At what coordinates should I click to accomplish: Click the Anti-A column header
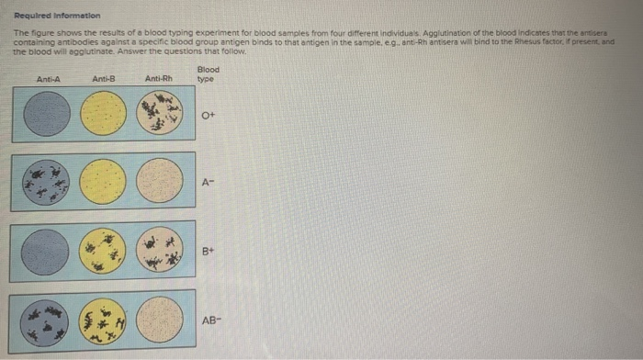pyautogui.click(x=48, y=79)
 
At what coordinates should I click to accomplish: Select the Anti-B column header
pyautogui.click(x=103, y=79)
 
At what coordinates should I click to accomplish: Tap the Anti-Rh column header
pyautogui.click(x=158, y=79)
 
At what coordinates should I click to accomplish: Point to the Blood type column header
pyautogui.click(x=209, y=74)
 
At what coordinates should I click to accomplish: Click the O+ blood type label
pyautogui.click(x=209, y=116)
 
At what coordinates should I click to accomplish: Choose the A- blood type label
pyautogui.click(x=210, y=181)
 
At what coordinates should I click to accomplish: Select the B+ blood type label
pyautogui.click(x=210, y=250)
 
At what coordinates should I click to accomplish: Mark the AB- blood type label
pyautogui.click(x=212, y=319)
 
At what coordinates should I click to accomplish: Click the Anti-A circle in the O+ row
pyautogui.click(x=47, y=115)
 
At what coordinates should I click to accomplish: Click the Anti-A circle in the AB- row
pyautogui.click(x=47, y=319)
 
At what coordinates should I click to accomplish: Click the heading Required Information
pyautogui.click(x=50, y=16)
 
